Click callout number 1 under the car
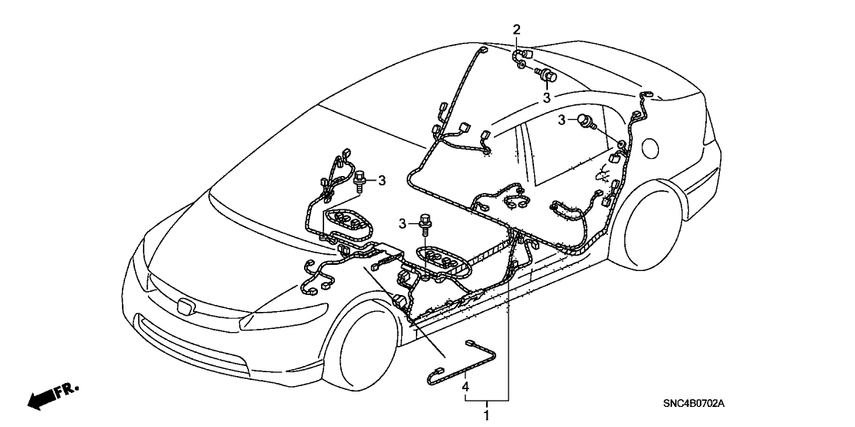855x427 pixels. click(486, 415)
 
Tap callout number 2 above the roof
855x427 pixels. click(517, 30)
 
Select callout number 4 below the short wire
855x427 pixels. click(465, 385)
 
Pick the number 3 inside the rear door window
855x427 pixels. click(564, 119)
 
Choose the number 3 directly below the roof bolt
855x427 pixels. click(546, 98)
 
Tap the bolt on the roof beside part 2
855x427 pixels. click(549, 76)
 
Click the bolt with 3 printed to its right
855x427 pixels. click(362, 181)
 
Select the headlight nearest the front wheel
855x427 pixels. click(266, 317)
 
